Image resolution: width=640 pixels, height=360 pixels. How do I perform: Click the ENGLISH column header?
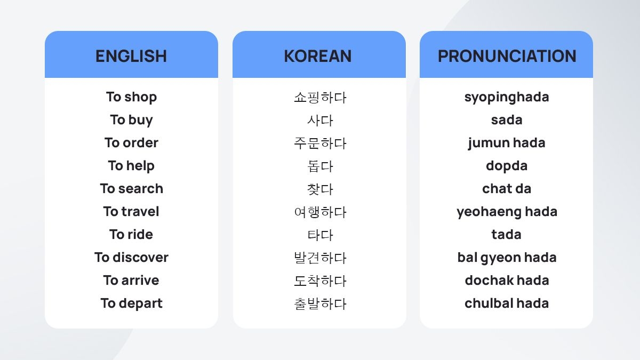(x=131, y=56)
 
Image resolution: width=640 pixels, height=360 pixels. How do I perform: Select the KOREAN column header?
(x=318, y=56)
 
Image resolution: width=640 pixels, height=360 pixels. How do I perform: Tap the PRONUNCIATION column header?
(x=507, y=56)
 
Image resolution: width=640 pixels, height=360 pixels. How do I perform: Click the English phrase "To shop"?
(x=131, y=97)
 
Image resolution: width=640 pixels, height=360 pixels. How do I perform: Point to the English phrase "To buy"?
(x=131, y=120)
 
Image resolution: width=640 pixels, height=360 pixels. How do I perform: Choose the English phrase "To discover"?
(x=131, y=258)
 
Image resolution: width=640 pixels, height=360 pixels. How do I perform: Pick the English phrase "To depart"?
(x=131, y=303)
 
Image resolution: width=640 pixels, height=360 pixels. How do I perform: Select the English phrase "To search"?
(x=131, y=189)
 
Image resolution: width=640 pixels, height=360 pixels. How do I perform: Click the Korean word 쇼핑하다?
(x=320, y=98)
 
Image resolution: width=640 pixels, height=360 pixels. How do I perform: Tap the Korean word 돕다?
(x=320, y=166)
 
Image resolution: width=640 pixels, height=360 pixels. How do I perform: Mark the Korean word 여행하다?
(x=320, y=212)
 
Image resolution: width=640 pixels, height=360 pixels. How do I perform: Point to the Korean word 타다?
(x=320, y=235)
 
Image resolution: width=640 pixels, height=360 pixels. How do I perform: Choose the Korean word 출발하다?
(x=320, y=304)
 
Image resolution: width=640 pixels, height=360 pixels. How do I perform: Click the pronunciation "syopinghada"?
(x=507, y=97)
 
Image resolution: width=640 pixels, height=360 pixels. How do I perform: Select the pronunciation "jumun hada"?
(x=507, y=143)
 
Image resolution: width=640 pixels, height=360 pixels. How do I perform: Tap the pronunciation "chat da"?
(x=507, y=189)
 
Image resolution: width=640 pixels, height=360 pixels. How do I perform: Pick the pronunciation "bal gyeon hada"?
(x=507, y=258)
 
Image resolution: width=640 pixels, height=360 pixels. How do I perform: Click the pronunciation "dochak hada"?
(x=507, y=281)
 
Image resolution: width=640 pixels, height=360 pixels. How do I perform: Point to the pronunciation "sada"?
(x=507, y=120)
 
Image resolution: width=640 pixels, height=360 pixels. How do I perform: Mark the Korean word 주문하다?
(x=320, y=143)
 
